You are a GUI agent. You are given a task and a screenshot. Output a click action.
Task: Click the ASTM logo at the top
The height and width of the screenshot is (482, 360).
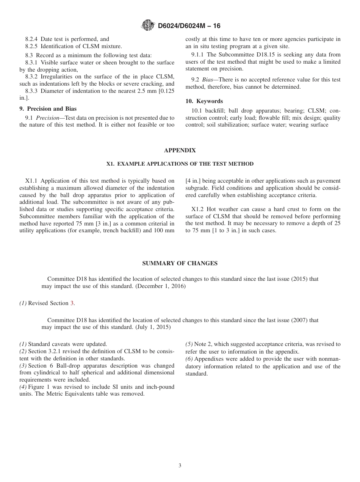click(x=147, y=25)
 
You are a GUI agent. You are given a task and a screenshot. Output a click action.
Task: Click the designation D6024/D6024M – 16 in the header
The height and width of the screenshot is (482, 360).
click(x=189, y=26)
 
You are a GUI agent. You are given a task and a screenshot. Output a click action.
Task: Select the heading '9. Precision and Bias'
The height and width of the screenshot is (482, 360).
click(x=48, y=109)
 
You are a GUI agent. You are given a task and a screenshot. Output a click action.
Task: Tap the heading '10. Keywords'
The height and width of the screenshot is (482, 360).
click(x=204, y=101)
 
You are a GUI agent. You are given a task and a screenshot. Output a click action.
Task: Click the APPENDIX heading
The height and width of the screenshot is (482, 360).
click(x=180, y=150)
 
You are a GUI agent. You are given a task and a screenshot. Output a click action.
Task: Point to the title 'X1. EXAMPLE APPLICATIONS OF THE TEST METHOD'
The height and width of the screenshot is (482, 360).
click(x=180, y=164)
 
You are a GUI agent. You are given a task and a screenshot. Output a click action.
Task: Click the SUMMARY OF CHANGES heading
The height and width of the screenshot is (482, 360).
click(x=180, y=263)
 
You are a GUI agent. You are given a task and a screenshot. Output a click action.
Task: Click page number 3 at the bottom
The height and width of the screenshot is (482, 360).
click(x=180, y=466)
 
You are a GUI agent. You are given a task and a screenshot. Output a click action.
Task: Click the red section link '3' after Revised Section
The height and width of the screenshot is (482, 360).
click(x=72, y=303)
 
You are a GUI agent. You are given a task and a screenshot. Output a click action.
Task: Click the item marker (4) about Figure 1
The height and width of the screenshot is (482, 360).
click(x=23, y=387)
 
